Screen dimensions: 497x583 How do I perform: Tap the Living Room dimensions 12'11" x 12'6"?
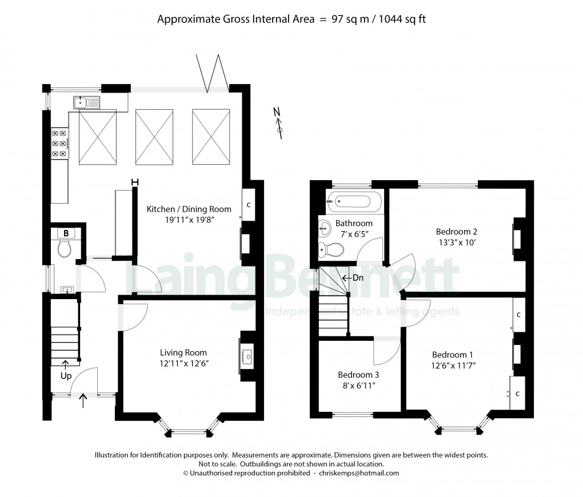183,363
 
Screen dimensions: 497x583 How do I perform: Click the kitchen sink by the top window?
86,102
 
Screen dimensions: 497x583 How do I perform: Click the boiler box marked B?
66,233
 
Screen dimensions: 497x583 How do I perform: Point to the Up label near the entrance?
66,376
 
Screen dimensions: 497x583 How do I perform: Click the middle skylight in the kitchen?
154,136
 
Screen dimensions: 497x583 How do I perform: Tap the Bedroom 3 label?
358,375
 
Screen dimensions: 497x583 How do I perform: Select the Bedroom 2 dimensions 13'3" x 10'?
456,242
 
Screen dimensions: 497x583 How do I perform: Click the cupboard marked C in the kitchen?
248,205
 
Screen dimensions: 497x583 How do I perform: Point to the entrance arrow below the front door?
83,399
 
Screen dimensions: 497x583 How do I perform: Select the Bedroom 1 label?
452,354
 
